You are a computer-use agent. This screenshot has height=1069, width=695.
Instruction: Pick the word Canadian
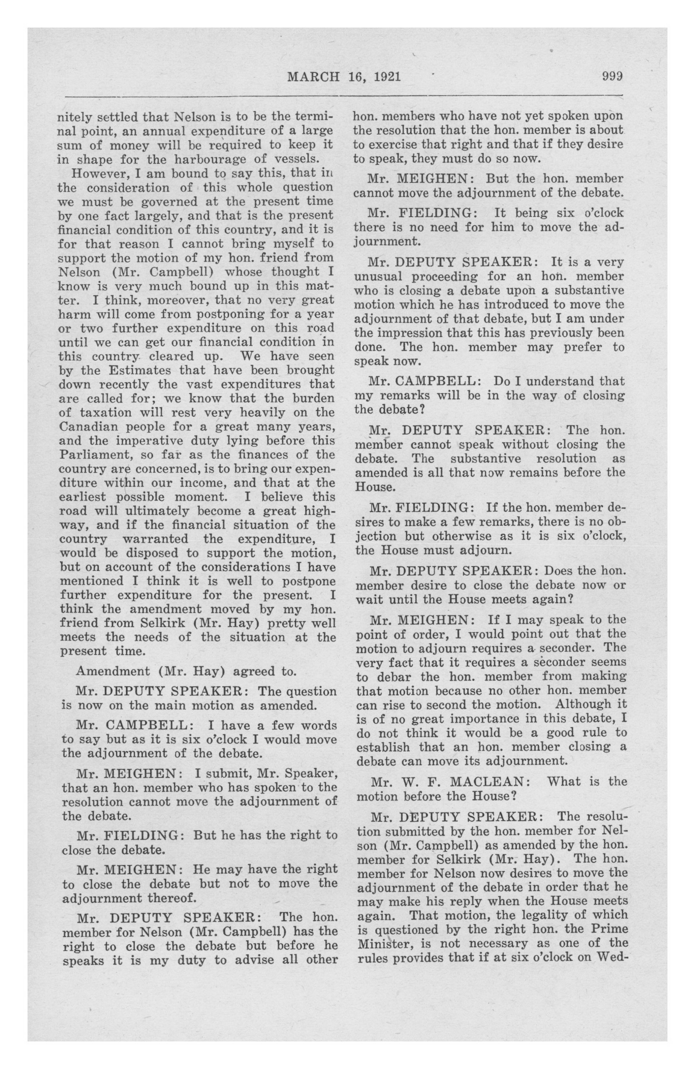pyautogui.click(x=87, y=426)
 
